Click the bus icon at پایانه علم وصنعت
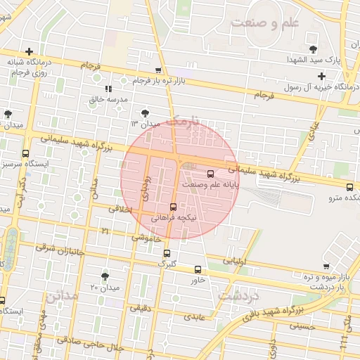[x=210, y=174]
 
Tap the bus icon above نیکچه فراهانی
[x=174, y=207]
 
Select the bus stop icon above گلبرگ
[x=167, y=254]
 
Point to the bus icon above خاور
[x=197, y=269]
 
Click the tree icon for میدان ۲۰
[x=105, y=276]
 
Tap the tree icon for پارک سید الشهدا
[x=313, y=49]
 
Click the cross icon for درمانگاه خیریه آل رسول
[x=321, y=76]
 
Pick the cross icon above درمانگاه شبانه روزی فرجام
[x=29, y=51]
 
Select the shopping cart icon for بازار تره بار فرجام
[x=158, y=70]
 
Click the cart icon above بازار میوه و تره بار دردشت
[x=326, y=266]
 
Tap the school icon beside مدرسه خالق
[x=108, y=89]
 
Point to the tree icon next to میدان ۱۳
[x=144, y=112]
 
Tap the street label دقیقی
[x=141, y=307]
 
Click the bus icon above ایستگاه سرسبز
[x=26, y=153]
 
